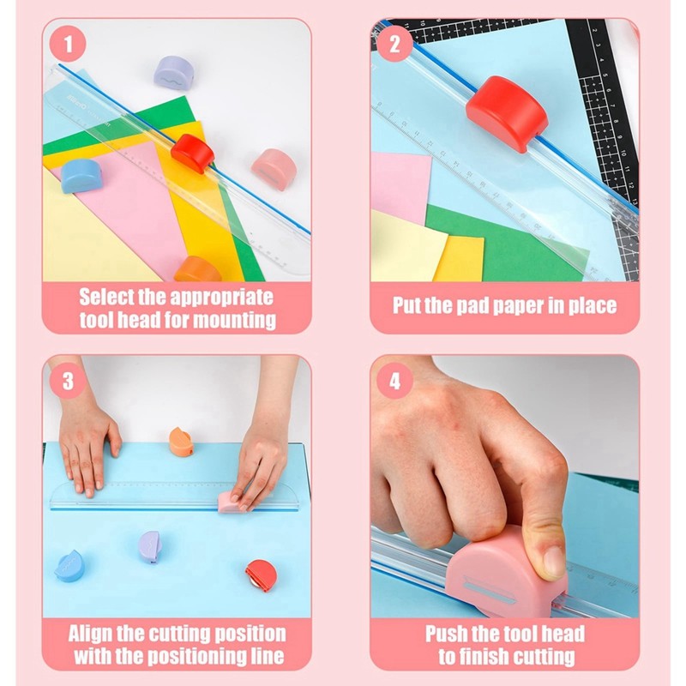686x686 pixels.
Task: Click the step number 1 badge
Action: click(68, 44)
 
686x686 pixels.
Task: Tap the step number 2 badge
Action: click(395, 44)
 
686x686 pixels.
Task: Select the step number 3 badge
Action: click(68, 381)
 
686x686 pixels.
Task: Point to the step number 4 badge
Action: click(395, 381)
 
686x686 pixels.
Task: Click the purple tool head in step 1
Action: click(172, 71)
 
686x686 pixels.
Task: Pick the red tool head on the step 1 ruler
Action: click(192, 153)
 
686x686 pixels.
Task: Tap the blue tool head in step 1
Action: click(81, 175)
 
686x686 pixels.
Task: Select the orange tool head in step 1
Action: click(198, 268)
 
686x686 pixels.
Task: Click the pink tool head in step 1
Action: click(274, 168)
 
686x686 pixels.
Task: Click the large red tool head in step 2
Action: click(506, 112)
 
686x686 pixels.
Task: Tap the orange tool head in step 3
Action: click(181, 442)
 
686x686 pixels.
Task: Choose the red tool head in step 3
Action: click(260, 575)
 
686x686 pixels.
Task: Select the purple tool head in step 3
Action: click(149, 546)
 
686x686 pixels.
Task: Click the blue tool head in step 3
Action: click(69, 566)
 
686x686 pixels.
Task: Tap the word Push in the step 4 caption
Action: click(449, 635)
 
